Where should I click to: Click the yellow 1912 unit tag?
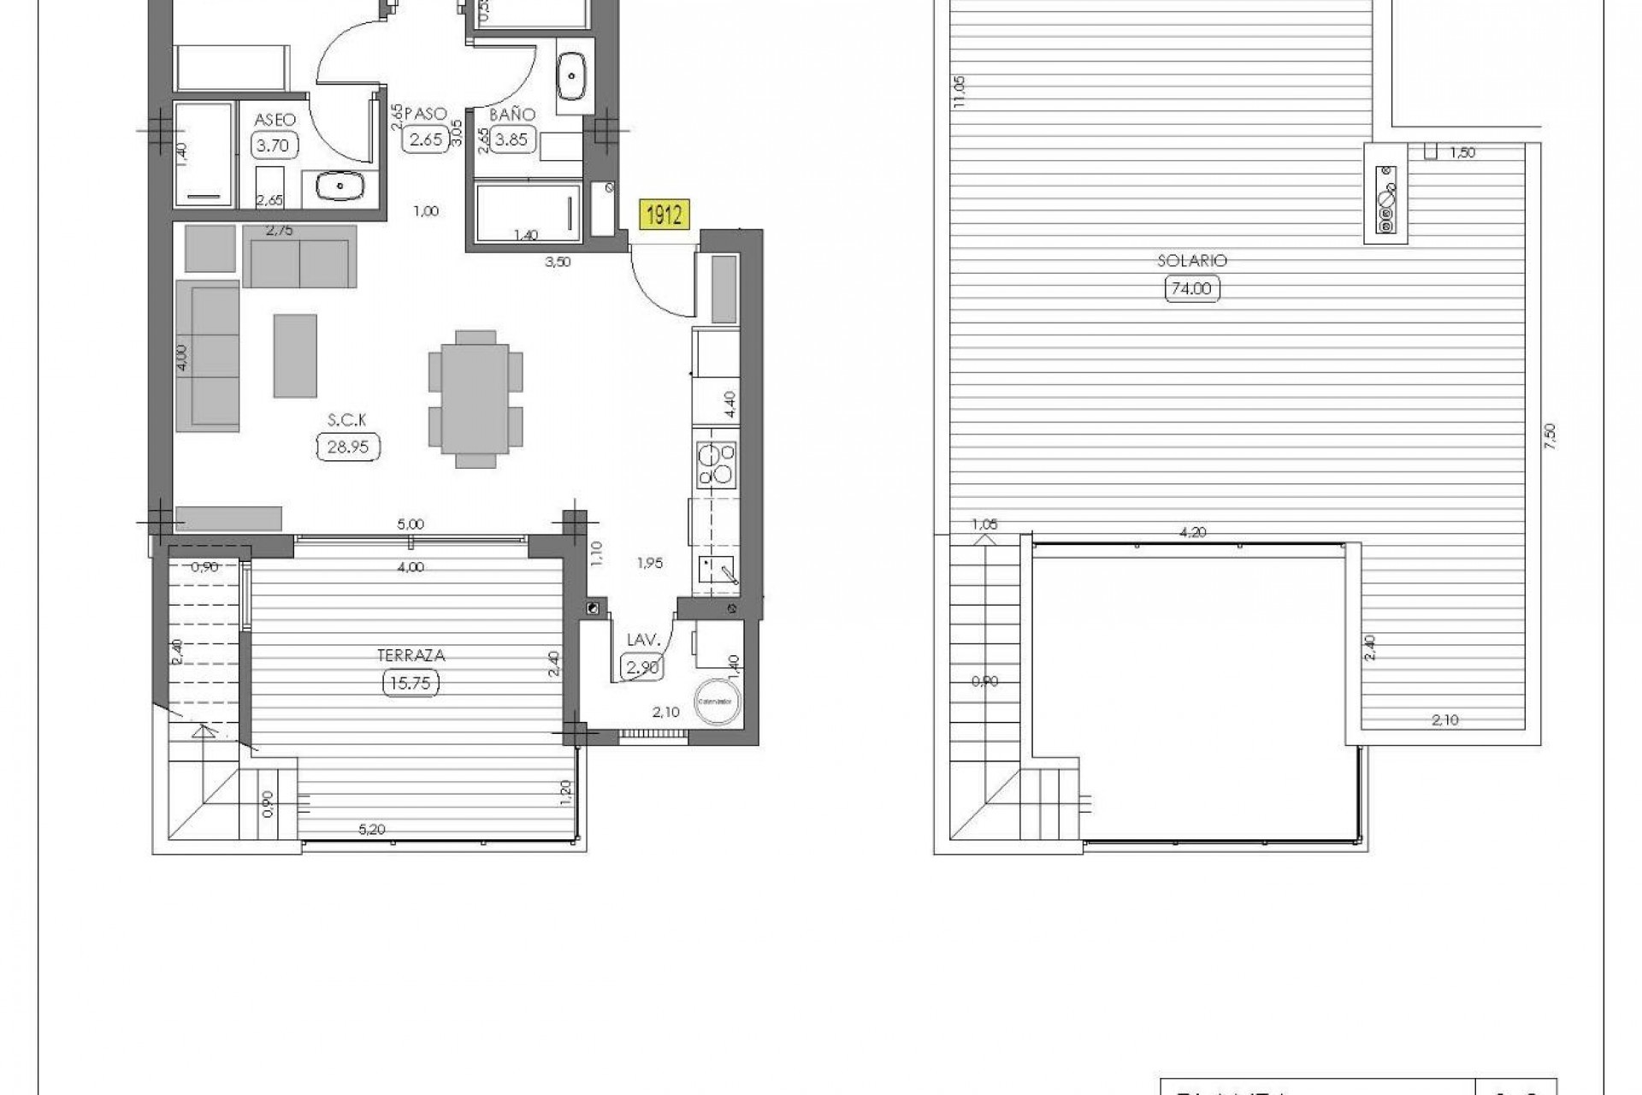tap(664, 215)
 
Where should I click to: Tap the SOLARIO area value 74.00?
tap(1192, 289)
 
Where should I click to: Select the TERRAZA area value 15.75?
tap(410, 683)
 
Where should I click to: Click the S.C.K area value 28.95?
tap(348, 447)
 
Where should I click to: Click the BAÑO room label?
tap(511, 115)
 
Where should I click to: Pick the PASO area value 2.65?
tap(425, 139)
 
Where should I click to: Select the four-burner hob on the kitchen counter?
tap(715, 464)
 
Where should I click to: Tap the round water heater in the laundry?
tap(718, 700)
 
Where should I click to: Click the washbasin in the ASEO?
tap(340, 184)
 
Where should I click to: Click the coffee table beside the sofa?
tap(295, 355)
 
